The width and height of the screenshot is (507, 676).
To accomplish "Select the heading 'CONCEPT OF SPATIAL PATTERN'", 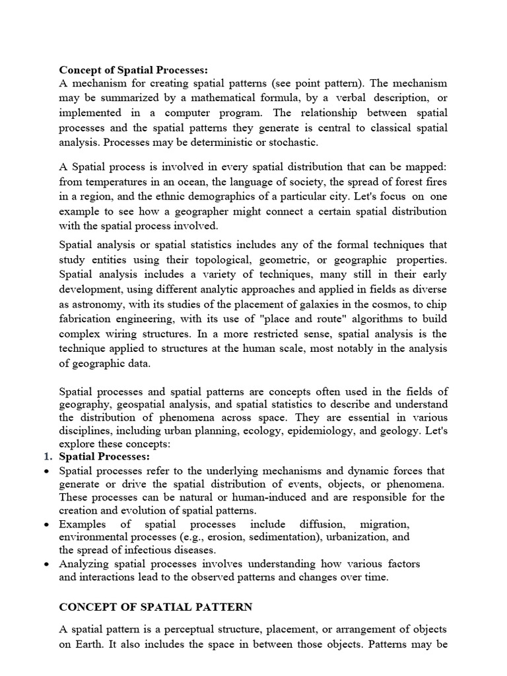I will [x=155, y=607].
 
